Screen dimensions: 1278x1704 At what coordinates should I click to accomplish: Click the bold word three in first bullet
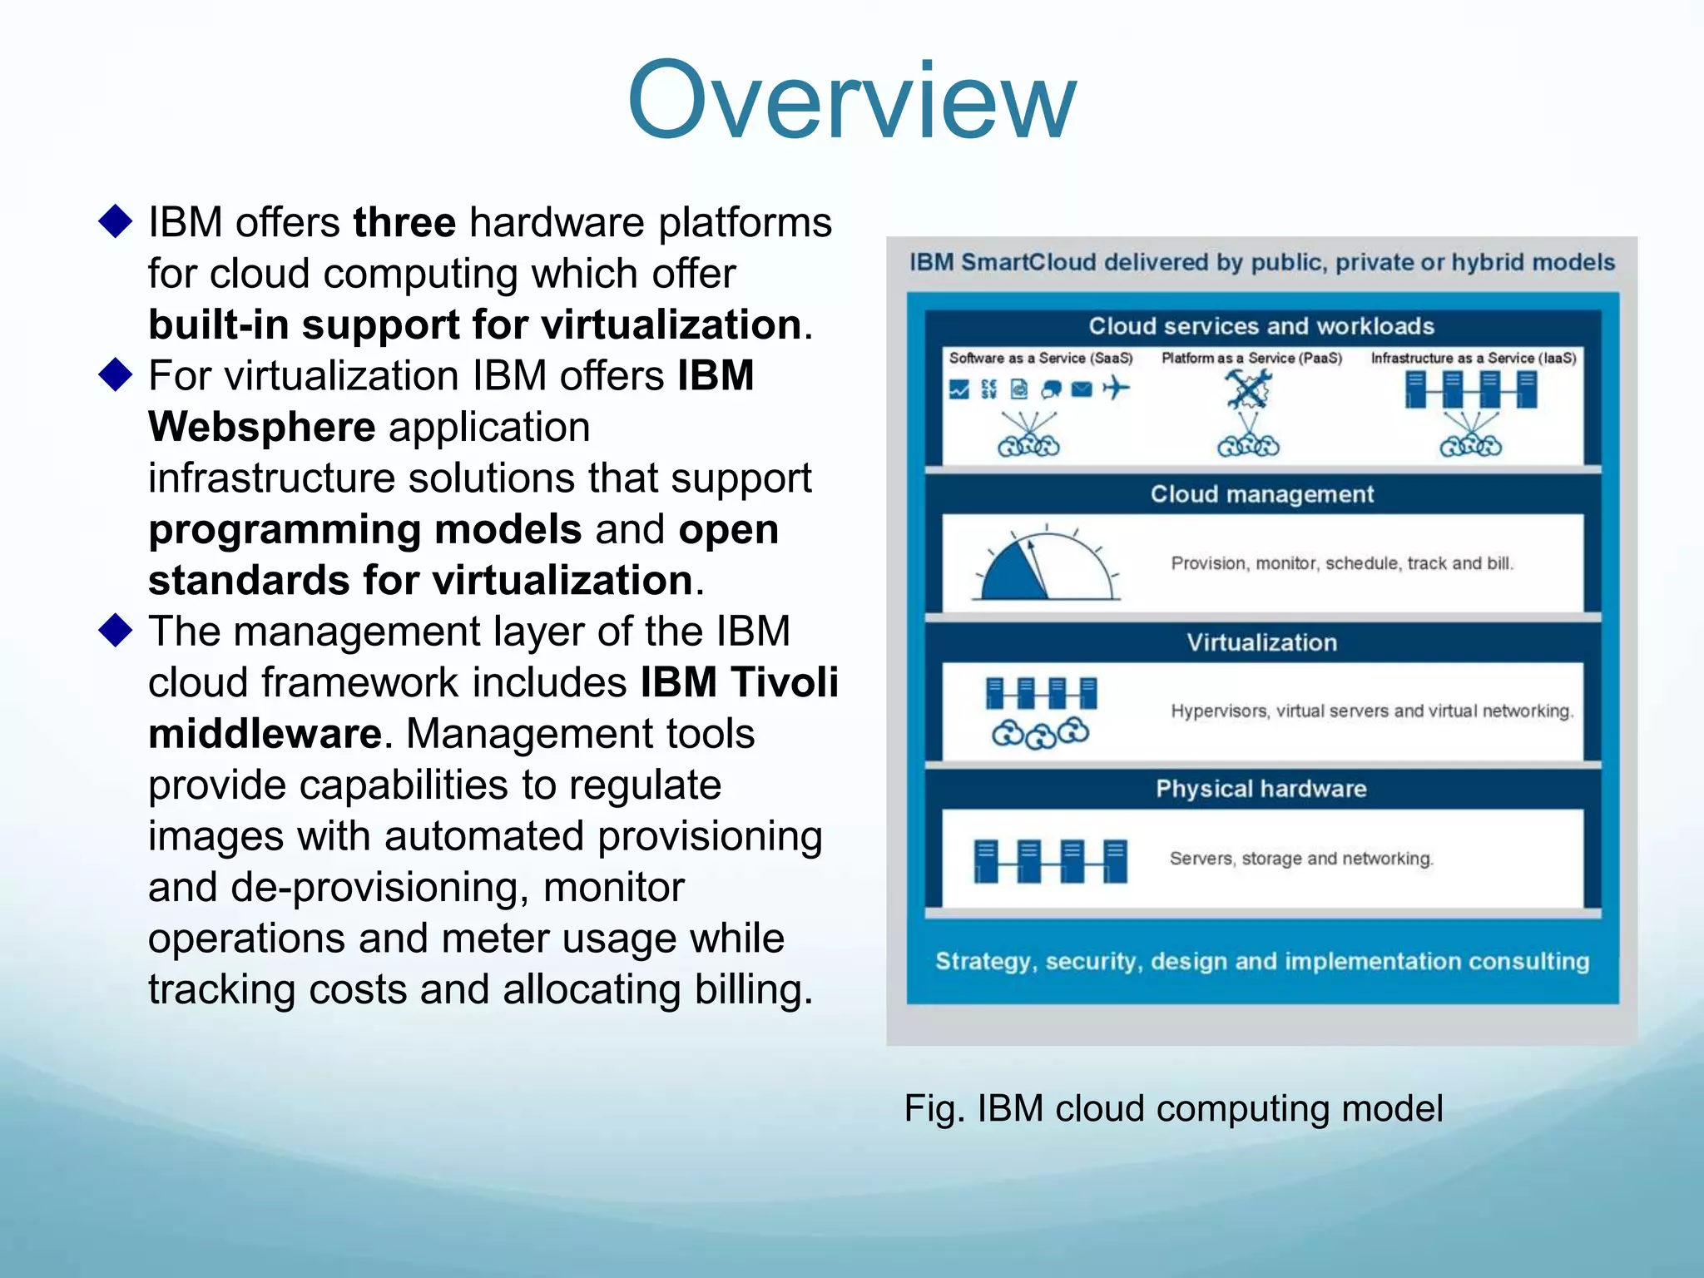[x=404, y=223]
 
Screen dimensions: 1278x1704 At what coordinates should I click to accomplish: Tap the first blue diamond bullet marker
[x=115, y=221]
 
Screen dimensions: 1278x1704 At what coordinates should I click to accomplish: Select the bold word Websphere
[x=261, y=428]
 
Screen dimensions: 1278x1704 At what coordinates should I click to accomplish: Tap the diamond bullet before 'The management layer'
[x=115, y=631]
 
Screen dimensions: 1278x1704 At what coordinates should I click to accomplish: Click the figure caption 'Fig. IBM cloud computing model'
[x=1173, y=1108]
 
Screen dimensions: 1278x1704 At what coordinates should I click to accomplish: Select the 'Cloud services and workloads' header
[x=1261, y=326]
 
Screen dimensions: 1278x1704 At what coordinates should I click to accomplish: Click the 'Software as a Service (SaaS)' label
[x=1041, y=358]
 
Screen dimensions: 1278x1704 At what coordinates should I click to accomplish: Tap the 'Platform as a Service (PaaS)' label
[x=1251, y=358]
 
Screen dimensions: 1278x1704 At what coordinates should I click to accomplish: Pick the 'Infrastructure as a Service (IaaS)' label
[x=1474, y=358]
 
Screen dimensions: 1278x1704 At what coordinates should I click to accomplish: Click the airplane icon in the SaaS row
[x=1116, y=388]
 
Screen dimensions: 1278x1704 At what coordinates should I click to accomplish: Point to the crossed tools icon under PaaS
[x=1248, y=389]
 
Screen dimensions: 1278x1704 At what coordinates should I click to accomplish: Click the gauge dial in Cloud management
[x=1046, y=566]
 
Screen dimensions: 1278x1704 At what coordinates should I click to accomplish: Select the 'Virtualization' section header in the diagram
[x=1261, y=642]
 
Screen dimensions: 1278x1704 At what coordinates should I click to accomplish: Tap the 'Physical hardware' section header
[x=1261, y=789]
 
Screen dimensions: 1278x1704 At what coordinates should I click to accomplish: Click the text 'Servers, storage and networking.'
[x=1301, y=858]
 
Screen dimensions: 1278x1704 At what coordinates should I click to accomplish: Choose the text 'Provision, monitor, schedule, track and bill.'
[x=1342, y=563]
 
